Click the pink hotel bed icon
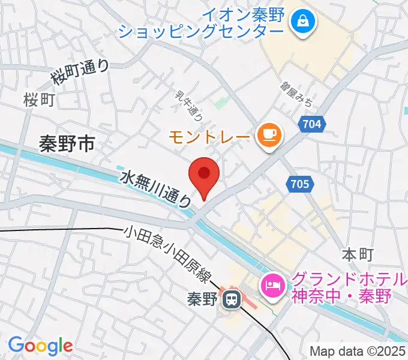click(272, 283)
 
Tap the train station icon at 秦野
click(230, 299)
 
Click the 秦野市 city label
click(67, 144)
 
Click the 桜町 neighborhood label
click(39, 100)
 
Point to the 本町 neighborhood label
click(358, 254)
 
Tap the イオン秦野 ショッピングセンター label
click(202, 23)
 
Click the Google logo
click(40, 345)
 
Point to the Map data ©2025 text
click(356, 351)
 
